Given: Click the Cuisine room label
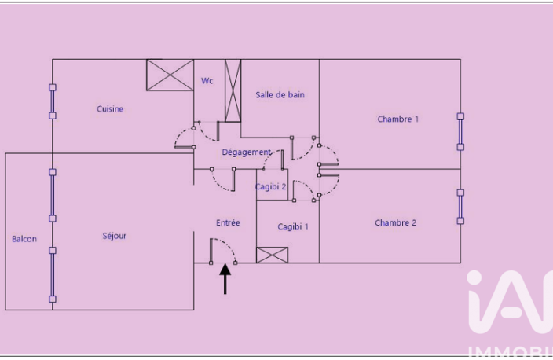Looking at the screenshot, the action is [110, 108].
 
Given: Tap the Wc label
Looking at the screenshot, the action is [207, 81].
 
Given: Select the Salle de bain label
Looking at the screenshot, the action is [280, 94].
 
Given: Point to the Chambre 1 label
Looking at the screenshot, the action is [397, 119].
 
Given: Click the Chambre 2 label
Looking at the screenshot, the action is [395, 222].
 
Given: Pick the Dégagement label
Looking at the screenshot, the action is [247, 152].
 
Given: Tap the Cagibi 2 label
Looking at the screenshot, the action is [270, 187].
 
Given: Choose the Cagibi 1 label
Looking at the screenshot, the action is [293, 226].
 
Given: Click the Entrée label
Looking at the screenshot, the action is [228, 222].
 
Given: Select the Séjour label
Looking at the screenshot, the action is [114, 236].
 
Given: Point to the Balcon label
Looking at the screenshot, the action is [24, 239].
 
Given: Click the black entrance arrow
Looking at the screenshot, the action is [225, 278].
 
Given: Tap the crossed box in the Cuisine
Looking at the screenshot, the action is [170, 75].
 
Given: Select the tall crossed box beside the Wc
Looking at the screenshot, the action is [233, 90].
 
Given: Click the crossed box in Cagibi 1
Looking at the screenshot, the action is [272, 255].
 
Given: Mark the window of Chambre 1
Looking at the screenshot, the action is [460, 131].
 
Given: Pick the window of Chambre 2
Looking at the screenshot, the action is [460, 207].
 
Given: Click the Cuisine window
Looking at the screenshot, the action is [53, 101].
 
